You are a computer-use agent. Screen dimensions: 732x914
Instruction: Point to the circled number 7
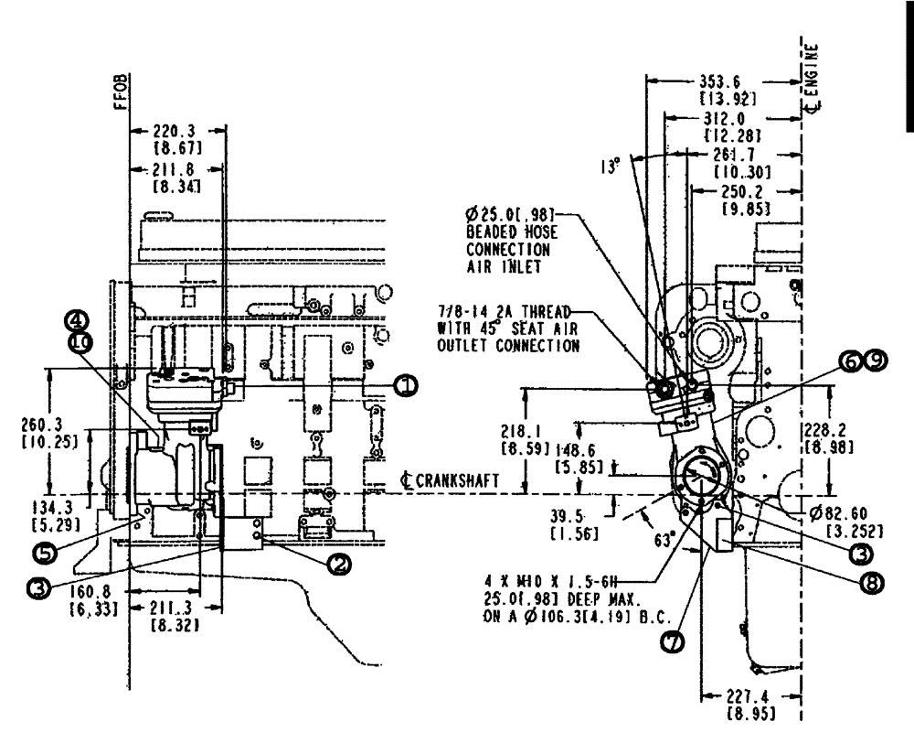[x=672, y=643]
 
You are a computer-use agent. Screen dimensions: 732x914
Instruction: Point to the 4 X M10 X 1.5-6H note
[x=536, y=581]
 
